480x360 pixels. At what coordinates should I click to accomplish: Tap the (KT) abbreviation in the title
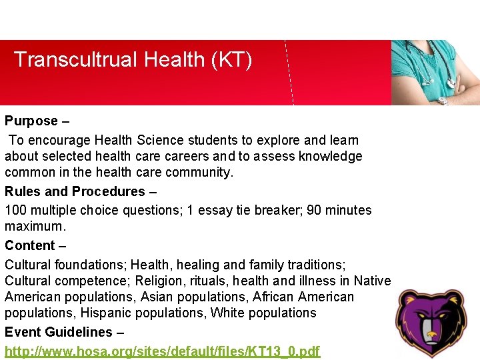tap(231, 60)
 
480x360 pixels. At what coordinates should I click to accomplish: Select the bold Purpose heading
tap(31, 121)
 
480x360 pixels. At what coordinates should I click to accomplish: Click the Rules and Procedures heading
tap(75, 192)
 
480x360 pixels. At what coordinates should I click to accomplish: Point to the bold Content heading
tap(30, 245)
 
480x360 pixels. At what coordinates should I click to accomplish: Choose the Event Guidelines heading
tap(59, 332)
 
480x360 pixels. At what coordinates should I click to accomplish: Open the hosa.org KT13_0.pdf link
tap(162, 351)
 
